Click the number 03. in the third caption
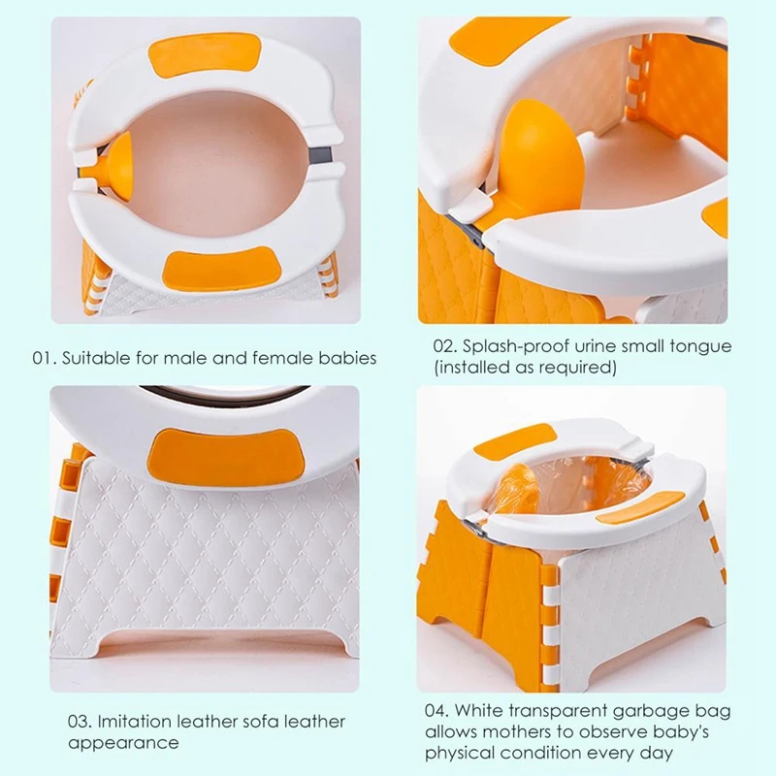[x=81, y=722]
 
